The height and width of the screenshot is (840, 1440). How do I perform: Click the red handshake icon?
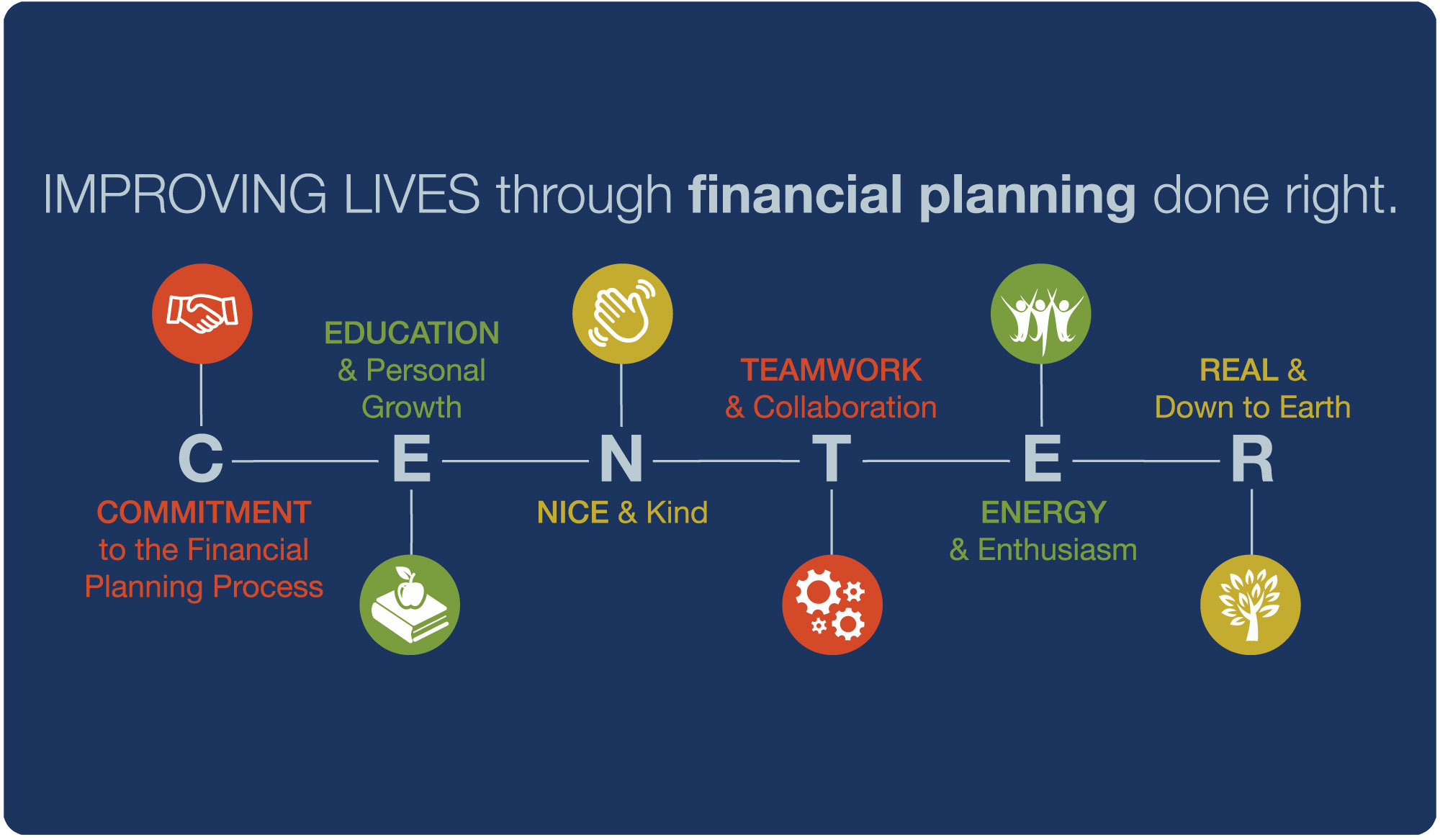coord(202,314)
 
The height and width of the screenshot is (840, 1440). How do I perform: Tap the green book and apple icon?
coord(410,605)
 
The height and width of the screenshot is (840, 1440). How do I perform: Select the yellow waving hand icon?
coord(623,314)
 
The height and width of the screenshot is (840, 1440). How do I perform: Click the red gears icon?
coord(832,605)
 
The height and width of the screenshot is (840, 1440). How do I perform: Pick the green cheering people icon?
coord(1041,314)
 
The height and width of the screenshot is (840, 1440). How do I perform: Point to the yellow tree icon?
coord(1251,605)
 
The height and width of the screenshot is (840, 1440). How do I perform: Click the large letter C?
coord(201,459)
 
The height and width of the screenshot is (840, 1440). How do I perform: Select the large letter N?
coord(621,459)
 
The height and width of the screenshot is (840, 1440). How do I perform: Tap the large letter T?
coord(832,459)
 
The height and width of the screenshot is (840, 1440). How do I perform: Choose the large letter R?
coord(1252,459)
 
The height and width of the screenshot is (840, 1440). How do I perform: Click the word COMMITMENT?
coord(204,512)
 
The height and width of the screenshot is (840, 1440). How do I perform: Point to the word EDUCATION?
coord(412,333)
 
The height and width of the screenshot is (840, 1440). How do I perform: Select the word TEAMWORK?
coord(832,370)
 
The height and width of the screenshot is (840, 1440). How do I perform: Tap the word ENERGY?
coord(1044,512)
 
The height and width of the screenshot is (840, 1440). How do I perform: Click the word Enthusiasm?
coord(1058,550)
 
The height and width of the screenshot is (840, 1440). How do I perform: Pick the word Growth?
coord(412,407)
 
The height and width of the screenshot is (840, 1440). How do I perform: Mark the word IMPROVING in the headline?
coord(185,194)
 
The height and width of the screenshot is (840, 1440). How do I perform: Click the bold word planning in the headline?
coord(1027,196)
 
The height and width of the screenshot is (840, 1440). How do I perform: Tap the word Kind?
coord(677,512)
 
